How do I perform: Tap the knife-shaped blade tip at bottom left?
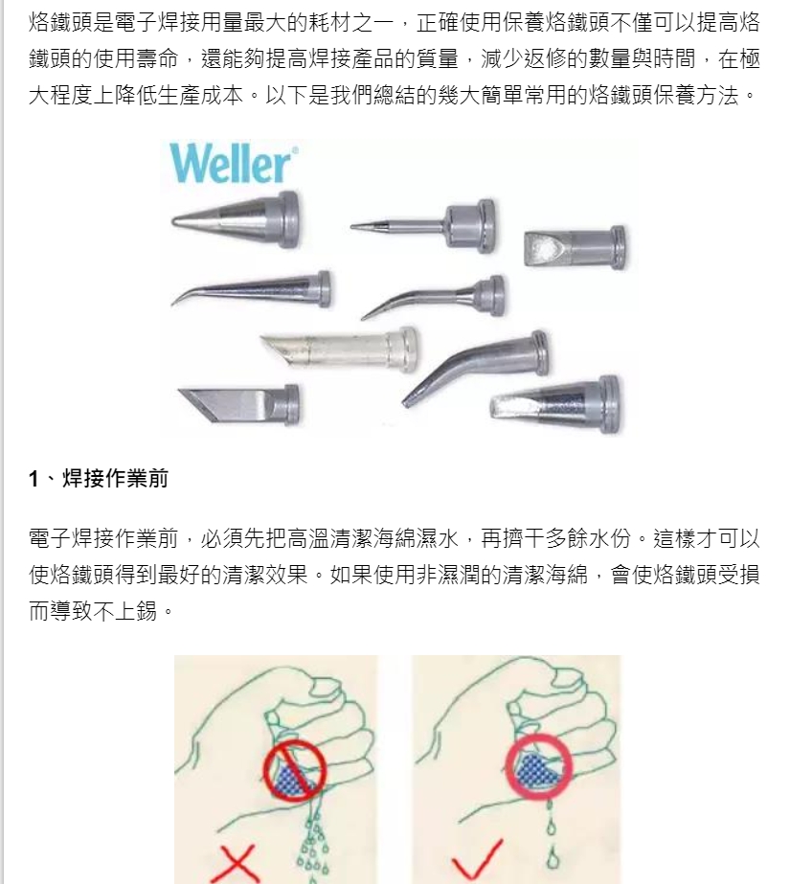(239, 405)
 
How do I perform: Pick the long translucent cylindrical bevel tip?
(339, 349)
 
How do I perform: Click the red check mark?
(477, 860)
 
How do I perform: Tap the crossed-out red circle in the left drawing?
(295, 770)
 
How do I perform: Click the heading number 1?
(34, 479)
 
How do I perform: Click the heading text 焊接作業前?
(115, 478)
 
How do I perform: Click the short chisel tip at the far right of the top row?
(575, 247)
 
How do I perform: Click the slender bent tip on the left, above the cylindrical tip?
(251, 288)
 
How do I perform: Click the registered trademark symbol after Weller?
(295, 149)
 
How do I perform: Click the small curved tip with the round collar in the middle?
(433, 297)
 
